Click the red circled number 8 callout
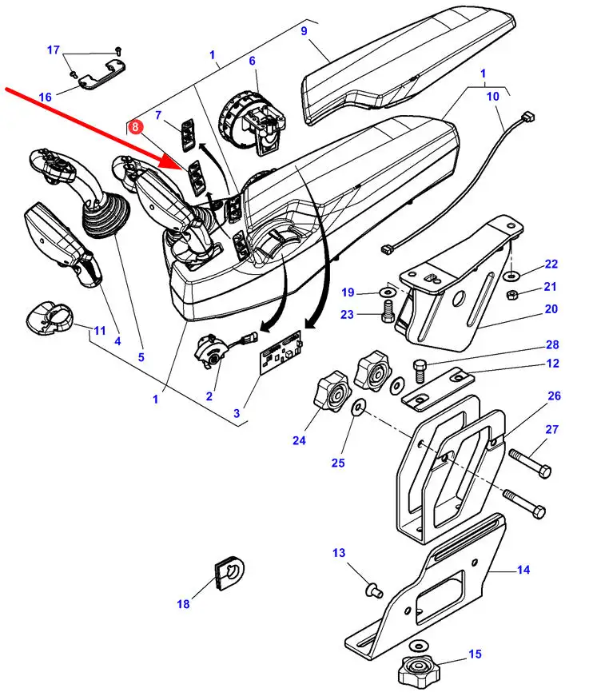click(x=135, y=127)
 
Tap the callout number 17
click(x=54, y=50)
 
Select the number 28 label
click(x=552, y=344)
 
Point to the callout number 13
click(x=339, y=553)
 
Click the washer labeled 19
click(x=387, y=292)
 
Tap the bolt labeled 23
click(x=388, y=311)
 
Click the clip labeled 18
click(x=229, y=572)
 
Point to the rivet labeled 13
click(x=373, y=591)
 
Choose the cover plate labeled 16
click(x=101, y=75)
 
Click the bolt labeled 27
click(x=530, y=463)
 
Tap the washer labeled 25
click(x=358, y=407)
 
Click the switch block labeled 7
click(x=187, y=133)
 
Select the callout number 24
click(x=299, y=440)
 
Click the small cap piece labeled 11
click(x=48, y=318)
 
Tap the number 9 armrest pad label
click(x=304, y=30)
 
